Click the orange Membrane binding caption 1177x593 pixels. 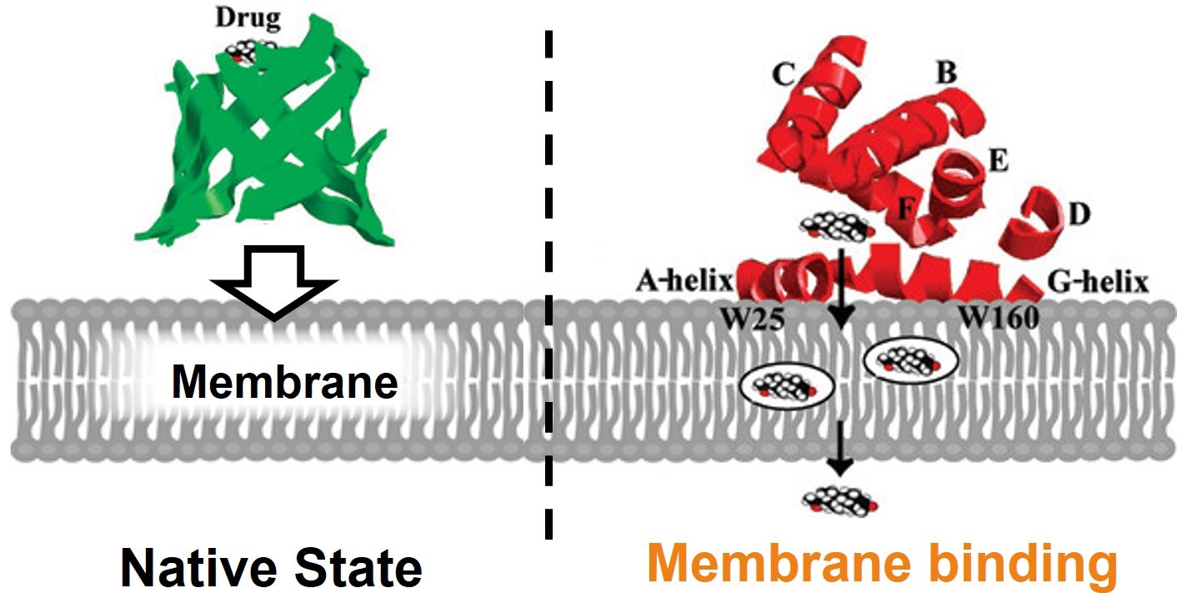click(882, 565)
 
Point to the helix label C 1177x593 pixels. click(782, 74)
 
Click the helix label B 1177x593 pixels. click(945, 73)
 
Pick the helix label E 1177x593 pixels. click(997, 161)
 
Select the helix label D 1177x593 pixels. click(1079, 214)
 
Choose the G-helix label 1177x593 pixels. click(1097, 282)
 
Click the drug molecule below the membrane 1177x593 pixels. click(839, 501)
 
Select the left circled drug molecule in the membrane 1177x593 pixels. click(787, 385)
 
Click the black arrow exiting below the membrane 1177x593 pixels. click(840, 450)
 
